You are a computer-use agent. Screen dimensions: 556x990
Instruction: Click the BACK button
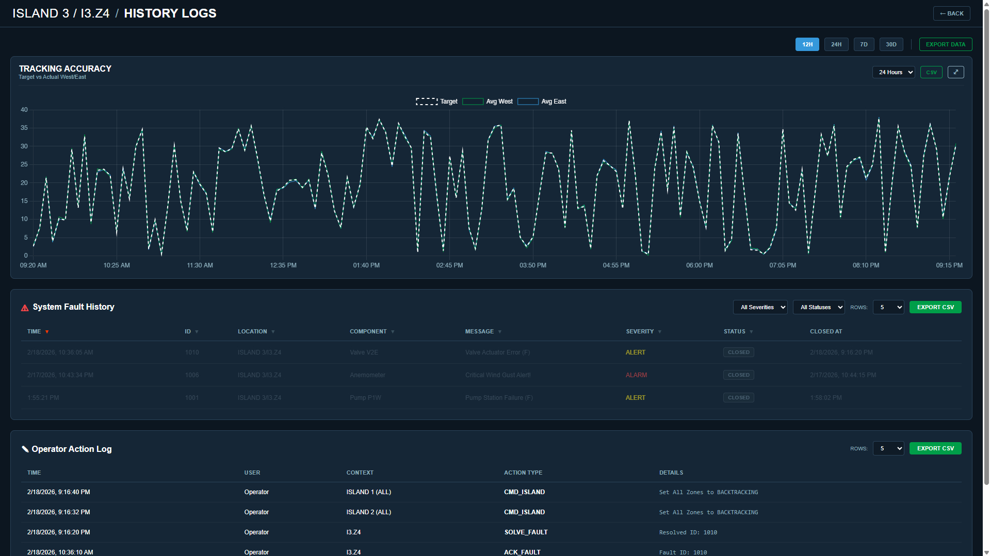[x=951, y=13]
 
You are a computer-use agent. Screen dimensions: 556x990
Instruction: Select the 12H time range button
[x=807, y=44]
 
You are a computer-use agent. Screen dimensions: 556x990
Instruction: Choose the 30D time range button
[x=891, y=44]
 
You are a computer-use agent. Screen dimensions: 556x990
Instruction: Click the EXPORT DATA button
[x=945, y=44]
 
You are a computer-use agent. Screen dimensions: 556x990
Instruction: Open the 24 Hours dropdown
[x=893, y=72]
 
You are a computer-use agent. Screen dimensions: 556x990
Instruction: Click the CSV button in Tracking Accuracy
[x=931, y=72]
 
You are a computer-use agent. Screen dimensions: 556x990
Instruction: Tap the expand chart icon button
[x=955, y=72]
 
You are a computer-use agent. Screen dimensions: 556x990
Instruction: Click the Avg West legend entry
[x=488, y=102]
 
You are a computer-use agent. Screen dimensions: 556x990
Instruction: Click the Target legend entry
[x=437, y=102]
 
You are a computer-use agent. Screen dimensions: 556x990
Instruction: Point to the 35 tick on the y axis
[x=24, y=128]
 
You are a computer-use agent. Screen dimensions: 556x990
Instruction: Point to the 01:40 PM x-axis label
[x=366, y=265]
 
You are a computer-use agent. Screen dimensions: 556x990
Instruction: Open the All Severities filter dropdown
[x=760, y=307]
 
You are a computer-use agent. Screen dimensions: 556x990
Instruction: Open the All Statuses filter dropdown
[x=818, y=307]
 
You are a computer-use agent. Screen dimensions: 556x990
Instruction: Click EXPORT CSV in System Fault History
[x=935, y=307]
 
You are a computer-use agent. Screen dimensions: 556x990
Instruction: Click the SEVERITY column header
[x=640, y=331]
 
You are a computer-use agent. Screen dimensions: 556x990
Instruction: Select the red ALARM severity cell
[x=636, y=375]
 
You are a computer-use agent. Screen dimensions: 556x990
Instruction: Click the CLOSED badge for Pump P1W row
[x=738, y=398]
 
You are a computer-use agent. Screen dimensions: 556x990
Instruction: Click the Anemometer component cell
[x=367, y=375]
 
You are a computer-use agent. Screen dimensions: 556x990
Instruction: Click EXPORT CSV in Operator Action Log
[x=935, y=448]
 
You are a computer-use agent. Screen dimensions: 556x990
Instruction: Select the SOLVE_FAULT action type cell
[x=526, y=532]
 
